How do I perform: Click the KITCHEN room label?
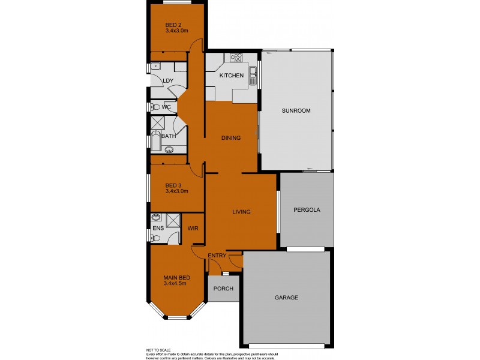point(231,76)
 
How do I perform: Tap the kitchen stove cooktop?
point(236,58)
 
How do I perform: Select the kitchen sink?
point(254,76)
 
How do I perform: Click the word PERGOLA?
point(306,211)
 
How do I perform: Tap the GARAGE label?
point(286,298)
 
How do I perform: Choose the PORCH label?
point(223,289)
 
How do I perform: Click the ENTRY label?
point(217,256)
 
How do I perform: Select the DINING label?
point(230,138)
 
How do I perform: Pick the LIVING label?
point(241,212)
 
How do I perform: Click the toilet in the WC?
point(154,108)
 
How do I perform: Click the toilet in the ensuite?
point(155,238)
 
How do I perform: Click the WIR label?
point(193,229)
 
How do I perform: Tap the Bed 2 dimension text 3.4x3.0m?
point(177,31)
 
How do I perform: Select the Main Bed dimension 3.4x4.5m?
point(177,285)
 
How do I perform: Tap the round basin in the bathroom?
point(169,151)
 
